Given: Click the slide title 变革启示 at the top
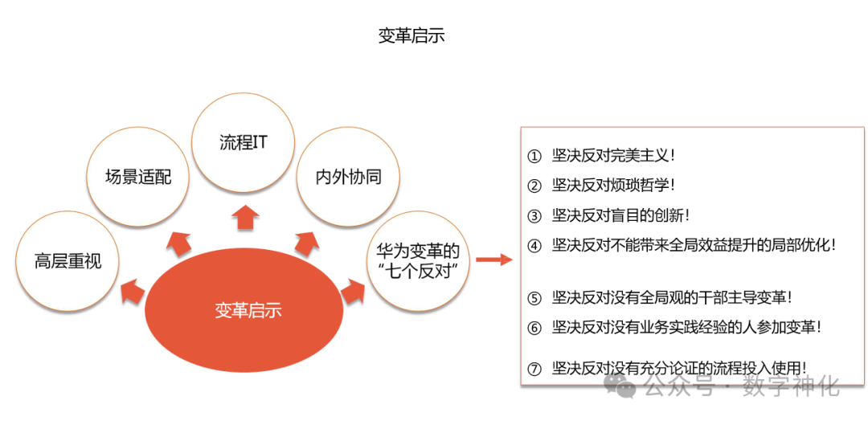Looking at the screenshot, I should (x=411, y=36).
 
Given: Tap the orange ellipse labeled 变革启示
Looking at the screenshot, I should (x=248, y=310).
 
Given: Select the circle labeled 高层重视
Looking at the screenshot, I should (x=68, y=261).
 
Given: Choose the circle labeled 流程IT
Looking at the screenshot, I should (x=243, y=143).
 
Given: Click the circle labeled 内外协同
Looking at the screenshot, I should (x=348, y=177).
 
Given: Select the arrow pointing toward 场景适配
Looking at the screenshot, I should (x=180, y=241).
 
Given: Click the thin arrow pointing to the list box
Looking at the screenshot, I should (x=493, y=260).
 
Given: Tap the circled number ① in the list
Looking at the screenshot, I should (x=534, y=155).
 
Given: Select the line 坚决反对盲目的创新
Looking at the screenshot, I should (x=620, y=215).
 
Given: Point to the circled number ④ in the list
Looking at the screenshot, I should (x=534, y=246).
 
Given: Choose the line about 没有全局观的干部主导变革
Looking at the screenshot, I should (x=672, y=297).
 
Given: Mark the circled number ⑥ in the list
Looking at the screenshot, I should (x=534, y=328).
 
